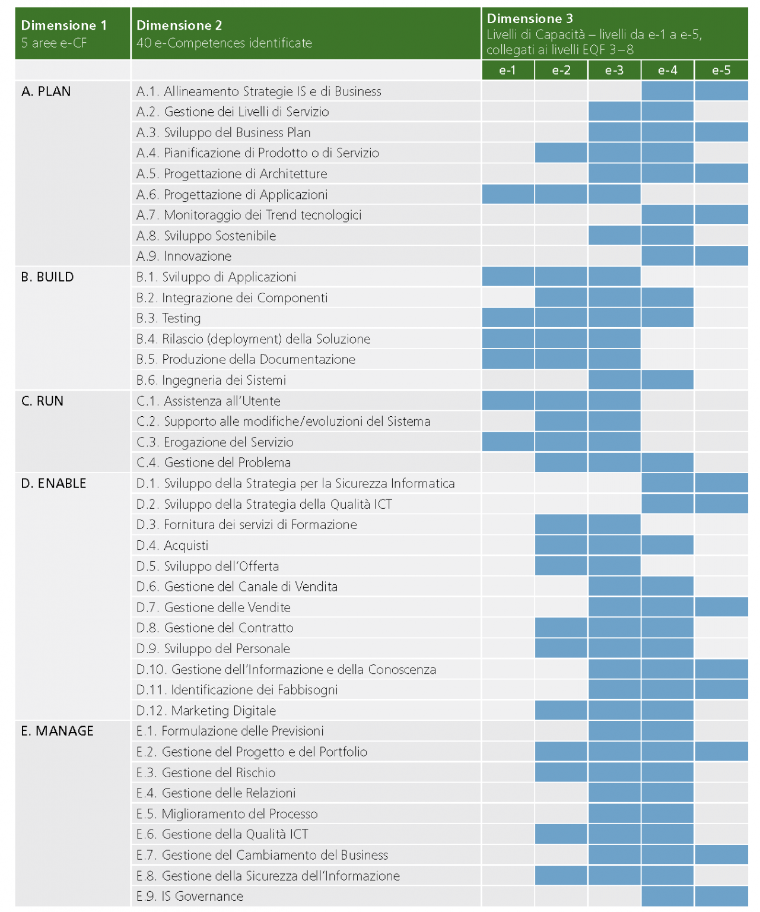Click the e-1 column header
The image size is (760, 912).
(507, 71)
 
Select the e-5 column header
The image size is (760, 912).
(721, 71)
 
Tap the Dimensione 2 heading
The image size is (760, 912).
(179, 26)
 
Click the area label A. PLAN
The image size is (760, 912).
(46, 91)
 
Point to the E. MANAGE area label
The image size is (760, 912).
(57, 731)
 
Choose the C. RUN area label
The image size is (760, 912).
(42, 401)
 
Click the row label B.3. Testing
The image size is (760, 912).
(168, 318)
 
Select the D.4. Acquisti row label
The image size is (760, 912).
(172, 546)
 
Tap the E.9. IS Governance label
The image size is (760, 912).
(190, 897)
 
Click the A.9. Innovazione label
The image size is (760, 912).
(184, 256)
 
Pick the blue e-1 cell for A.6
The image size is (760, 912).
(508, 195)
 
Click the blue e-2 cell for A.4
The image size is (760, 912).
(561, 153)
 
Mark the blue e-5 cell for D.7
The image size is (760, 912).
(721, 607)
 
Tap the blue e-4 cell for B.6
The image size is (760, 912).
(667, 380)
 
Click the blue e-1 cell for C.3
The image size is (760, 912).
(508, 442)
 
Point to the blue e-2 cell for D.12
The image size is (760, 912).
(561, 711)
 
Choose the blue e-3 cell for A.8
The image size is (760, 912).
(614, 236)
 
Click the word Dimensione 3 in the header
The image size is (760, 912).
(530, 19)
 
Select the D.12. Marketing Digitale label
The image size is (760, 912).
(206, 711)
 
